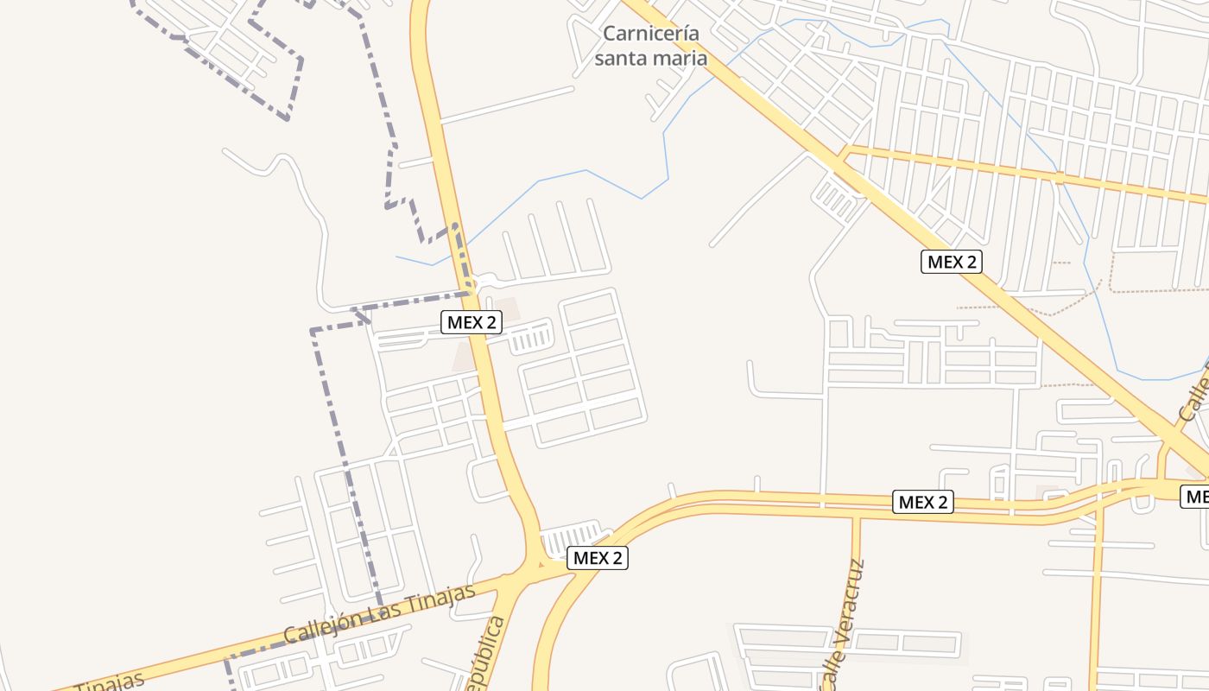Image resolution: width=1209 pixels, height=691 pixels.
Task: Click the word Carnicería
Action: click(650, 34)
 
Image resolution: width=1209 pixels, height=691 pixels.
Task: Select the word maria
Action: click(682, 59)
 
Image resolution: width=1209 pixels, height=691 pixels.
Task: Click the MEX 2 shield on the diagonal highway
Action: click(953, 262)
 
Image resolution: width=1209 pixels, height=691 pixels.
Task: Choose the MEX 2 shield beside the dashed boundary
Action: click(472, 322)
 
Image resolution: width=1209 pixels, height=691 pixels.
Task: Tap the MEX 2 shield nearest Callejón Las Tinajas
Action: click(598, 558)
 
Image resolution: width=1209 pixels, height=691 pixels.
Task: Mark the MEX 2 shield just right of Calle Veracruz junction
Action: click(924, 502)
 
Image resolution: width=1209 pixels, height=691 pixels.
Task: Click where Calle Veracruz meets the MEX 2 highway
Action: click(857, 513)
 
